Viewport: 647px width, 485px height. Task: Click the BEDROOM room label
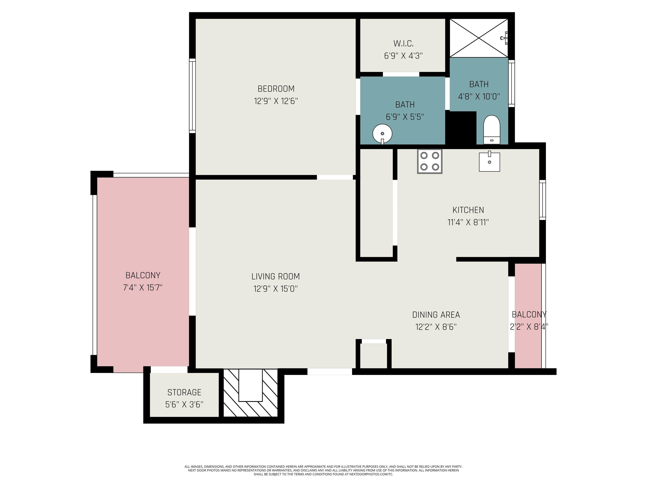276,89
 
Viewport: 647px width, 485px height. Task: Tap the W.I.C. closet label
403,44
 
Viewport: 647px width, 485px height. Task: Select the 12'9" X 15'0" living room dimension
275,289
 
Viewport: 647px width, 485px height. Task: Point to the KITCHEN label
468,210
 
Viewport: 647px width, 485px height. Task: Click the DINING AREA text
436,315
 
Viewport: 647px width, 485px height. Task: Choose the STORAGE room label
184,392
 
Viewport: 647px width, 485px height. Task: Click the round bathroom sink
382,134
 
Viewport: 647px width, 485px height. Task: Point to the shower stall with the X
479,38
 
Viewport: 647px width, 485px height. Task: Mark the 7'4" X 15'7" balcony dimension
143,288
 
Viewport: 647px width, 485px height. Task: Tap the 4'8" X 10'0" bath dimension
479,96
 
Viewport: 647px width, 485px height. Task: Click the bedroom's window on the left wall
192,96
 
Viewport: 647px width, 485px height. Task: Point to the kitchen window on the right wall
542,200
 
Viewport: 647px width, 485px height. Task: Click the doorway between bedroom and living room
335,177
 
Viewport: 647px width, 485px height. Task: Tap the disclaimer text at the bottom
323,470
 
